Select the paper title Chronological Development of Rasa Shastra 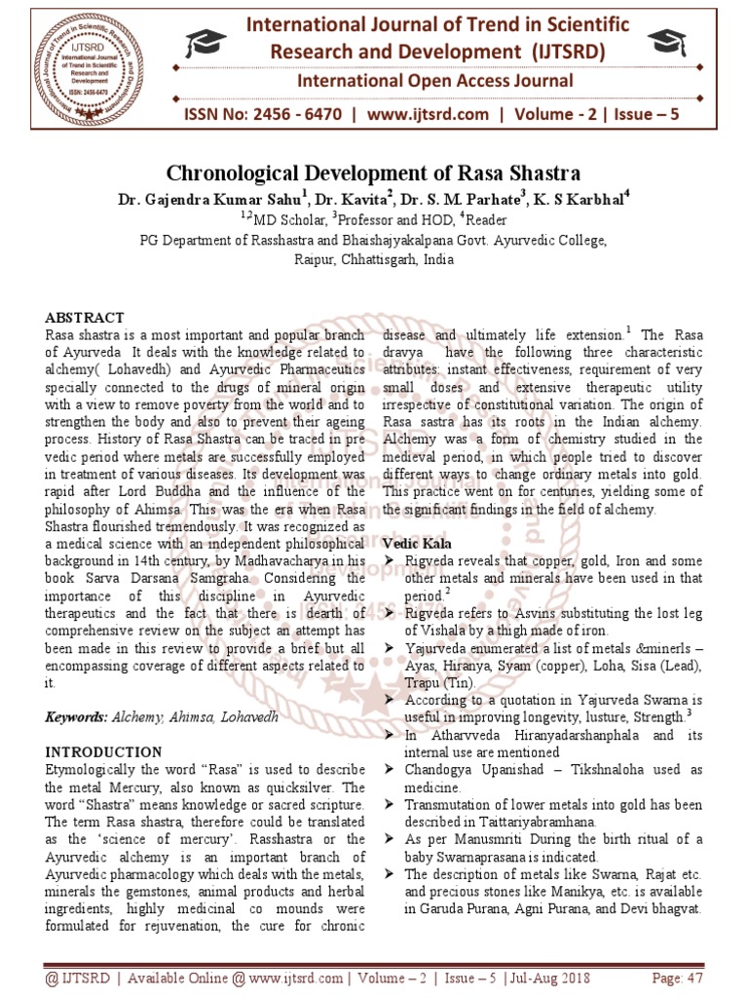[x=374, y=174]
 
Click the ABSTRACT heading [x=85, y=318]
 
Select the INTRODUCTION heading [x=104, y=752]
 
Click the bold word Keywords [x=77, y=717]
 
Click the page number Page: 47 [x=676, y=977]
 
